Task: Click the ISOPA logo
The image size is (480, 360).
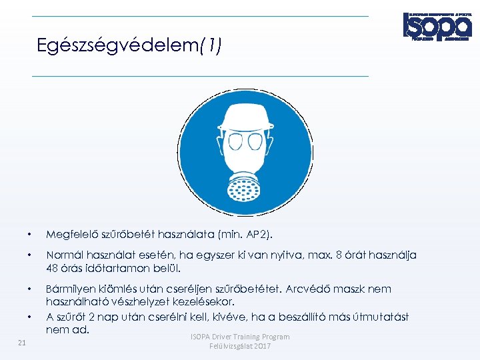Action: [x=437, y=26]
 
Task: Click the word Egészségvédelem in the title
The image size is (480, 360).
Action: [x=117, y=46]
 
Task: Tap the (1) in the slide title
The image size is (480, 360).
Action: [x=210, y=46]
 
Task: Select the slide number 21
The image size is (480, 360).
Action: [x=22, y=343]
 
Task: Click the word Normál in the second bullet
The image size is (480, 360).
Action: [x=63, y=255]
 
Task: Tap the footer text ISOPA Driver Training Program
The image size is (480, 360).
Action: [x=240, y=337]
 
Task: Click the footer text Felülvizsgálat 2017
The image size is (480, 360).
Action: [x=240, y=347]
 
